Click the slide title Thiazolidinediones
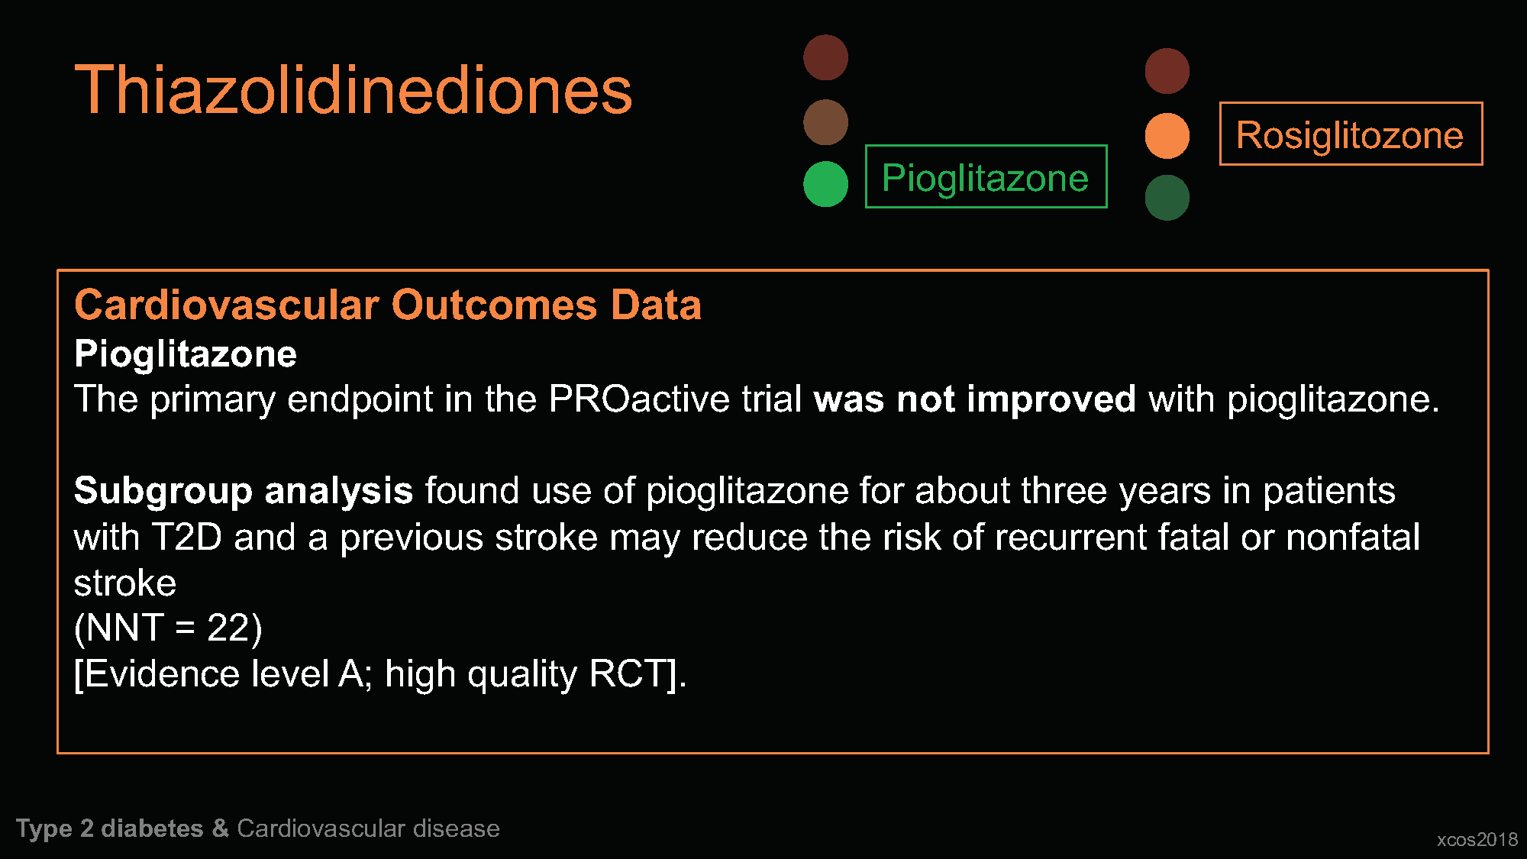point(354,90)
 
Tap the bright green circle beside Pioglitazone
point(825,184)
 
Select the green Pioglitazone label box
point(986,176)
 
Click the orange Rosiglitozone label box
point(1351,134)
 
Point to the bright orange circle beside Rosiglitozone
point(1167,136)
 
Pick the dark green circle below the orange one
point(1167,198)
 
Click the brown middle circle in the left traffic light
point(825,122)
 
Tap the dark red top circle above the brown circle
point(825,57)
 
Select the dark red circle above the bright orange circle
point(1167,71)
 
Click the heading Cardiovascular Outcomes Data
point(388,305)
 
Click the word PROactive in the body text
point(639,399)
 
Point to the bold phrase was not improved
point(975,399)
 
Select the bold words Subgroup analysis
point(244,491)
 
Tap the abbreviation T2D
point(187,537)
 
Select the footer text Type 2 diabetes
point(110,828)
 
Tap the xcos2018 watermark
point(1477,839)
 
